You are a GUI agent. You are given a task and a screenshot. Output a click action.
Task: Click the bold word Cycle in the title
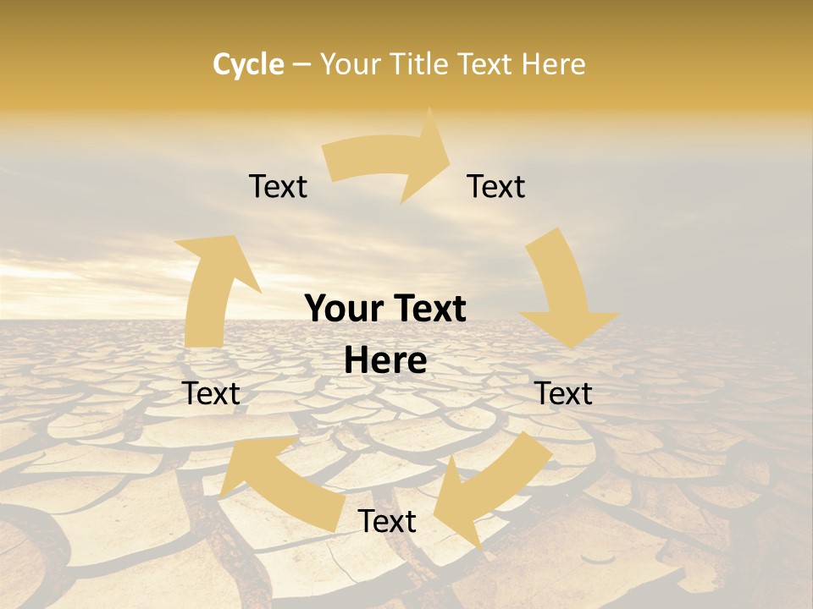coord(248,64)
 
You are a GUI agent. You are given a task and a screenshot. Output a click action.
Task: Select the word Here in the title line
coord(552,64)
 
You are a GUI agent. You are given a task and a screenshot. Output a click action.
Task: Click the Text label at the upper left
coord(278,186)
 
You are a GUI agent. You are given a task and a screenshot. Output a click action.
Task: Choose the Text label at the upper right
coord(496,186)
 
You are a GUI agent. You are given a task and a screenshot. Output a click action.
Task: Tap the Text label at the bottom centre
coord(387,521)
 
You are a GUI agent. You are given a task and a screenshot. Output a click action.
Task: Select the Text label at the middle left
coord(211,393)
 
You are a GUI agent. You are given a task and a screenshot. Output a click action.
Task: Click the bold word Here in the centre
coord(385,361)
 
